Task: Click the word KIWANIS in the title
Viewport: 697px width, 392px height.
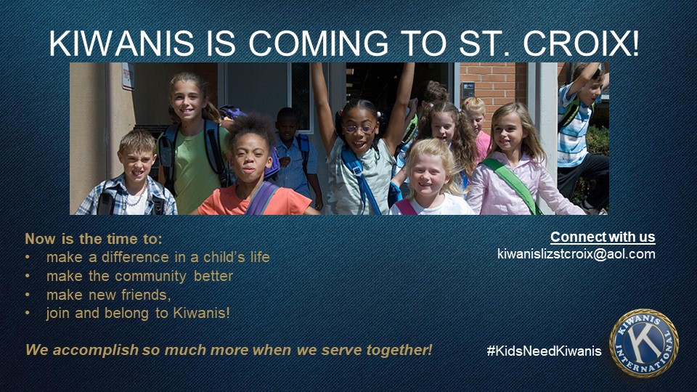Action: coord(122,44)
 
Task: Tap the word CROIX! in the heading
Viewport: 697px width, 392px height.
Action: coord(582,44)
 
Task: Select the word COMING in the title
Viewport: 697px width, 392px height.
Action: coord(318,44)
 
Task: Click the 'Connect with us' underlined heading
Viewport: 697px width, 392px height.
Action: coord(603,237)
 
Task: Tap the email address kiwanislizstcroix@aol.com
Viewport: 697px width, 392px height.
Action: coord(576,254)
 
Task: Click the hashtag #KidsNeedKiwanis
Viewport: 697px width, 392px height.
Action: coord(544,351)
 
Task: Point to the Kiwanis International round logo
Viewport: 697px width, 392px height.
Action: coord(644,343)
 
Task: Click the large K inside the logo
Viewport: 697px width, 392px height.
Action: coord(643,343)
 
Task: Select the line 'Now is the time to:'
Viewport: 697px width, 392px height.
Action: coord(94,239)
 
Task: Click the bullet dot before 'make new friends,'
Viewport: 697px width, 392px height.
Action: coord(28,295)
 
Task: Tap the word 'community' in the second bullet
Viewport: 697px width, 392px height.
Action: coord(151,277)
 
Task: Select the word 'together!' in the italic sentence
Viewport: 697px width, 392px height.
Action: coord(399,350)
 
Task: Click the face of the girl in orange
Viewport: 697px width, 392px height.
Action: coord(248,159)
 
